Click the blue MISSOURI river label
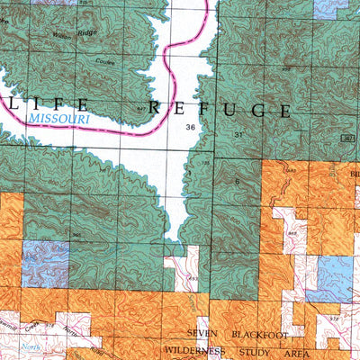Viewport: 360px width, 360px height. [x=60, y=117]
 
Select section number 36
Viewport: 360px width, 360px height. [x=189, y=128]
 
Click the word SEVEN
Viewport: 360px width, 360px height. [x=202, y=333]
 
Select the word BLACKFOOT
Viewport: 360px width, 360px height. [x=261, y=333]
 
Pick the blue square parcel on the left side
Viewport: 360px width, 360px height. [x=45, y=262]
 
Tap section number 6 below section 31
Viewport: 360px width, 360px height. [x=237, y=182]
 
